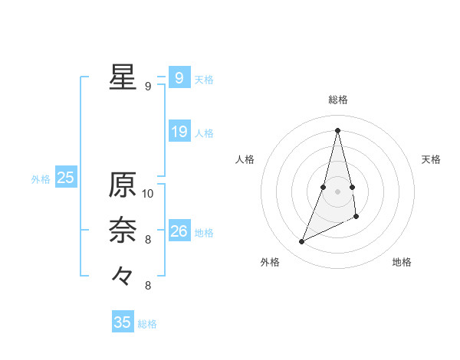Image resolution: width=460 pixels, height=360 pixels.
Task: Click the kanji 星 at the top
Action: (x=123, y=77)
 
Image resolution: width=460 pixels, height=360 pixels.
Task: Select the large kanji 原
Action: (x=123, y=185)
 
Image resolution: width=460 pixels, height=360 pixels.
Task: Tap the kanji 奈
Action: (x=123, y=229)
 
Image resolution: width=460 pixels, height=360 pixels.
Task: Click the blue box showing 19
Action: (x=179, y=132)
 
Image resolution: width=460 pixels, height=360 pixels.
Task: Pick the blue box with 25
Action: (x=65, y=178)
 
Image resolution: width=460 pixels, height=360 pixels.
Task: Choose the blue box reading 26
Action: (x=179, y=231)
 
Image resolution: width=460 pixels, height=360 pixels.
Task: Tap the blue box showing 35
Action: (x=123, y=322)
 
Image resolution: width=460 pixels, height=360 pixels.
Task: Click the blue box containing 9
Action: (x=179, y=78)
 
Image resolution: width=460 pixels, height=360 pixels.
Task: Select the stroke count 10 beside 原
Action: (x=148, y=193)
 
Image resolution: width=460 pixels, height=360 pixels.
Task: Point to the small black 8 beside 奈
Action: (x=148, y=240)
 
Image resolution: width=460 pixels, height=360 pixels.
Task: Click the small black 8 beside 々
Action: (x=148, y=286)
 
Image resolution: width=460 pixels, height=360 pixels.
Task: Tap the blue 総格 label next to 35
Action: (x=147, y=324)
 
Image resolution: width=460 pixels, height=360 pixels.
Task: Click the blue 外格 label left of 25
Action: (x=41, y=179)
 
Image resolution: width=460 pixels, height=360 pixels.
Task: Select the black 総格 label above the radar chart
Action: (x=338, y=100)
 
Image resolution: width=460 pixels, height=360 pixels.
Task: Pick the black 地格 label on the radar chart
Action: (x=402, y=262)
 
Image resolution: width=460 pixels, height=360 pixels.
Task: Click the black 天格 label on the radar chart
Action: (x=431, y=159)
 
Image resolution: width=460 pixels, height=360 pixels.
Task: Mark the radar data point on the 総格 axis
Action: (x=338, y=130)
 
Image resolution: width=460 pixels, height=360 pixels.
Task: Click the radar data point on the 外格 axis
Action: (x=301, y=242)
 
